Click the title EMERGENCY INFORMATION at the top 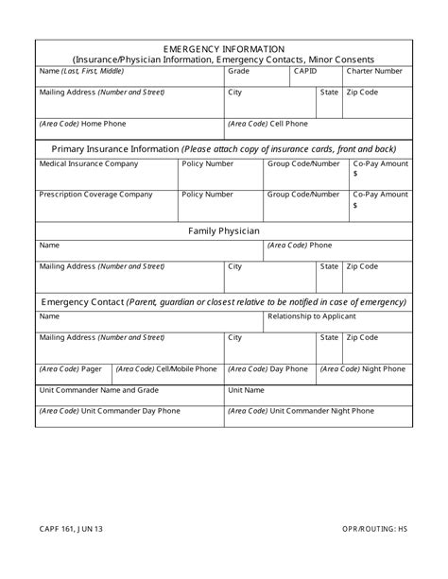point(223,47)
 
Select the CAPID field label point(305,71)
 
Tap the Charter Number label point(374,71)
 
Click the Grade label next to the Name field point(239,71)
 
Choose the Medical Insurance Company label point(88,163)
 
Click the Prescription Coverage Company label point(95,194)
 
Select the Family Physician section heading point(224,230)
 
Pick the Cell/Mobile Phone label point(166,369)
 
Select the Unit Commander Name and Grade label point(94,389)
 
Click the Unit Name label point(246,389)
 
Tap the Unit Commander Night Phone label point(301,411)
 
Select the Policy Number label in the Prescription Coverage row point(207,194)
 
